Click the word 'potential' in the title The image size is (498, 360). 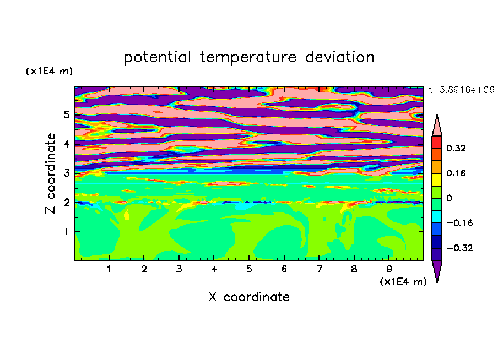pyautogui.click(x=157, y=58)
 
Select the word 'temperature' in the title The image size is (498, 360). pyautogui.click(x=248, y=58)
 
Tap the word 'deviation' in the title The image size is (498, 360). pyautogui.click(x=340, y=57)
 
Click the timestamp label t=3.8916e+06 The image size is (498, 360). pyautogui.click(x=462, y=90)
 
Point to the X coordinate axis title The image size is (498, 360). pyautogui.click(x=250, y=297)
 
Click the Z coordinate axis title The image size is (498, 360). pyautogui.click(x=51, y=173)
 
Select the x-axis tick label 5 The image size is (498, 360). pyautogui.click(x=249, y=269)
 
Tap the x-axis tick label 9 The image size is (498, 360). pyautogui.click(x=389, y=269)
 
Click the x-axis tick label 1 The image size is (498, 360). pyautogui.click(x=109, y=269)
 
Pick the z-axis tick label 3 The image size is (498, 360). pyautogui.click(x=66, y=173)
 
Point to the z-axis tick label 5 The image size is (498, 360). pyautogui.click(x=66, y=114)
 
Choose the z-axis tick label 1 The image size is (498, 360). pyautogui.click(x=66, y=232)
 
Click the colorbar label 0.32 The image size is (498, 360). pyautogui.click(x=456, y=148)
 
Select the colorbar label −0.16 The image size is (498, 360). pyautogui.click(x=459, y=223)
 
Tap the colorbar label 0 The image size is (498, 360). pyautogui.click(x=450, y=198)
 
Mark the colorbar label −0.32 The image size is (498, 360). pyautogui.click(x=459, y=248)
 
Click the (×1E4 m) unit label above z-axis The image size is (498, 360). pyautogui.click(x=49, y=71)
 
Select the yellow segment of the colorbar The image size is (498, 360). pyautogui.click(x=437, y=179)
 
